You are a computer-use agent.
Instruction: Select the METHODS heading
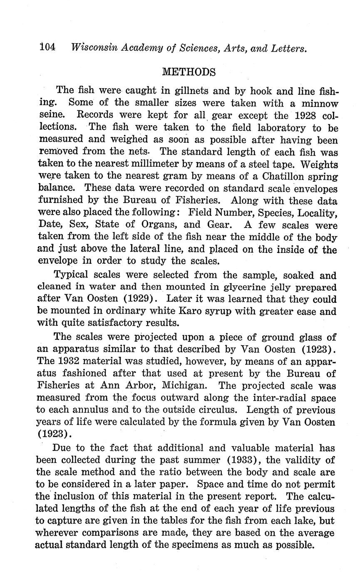point(189,72)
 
